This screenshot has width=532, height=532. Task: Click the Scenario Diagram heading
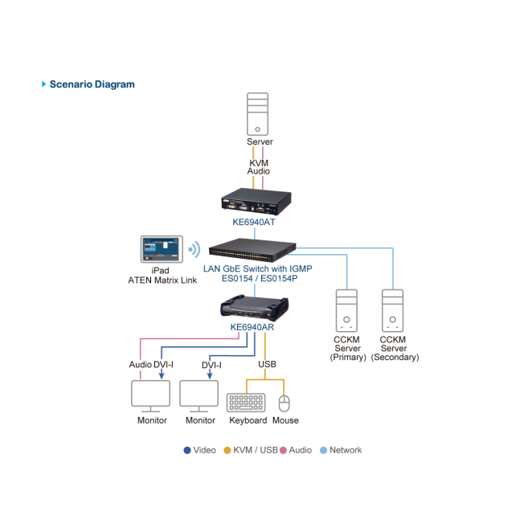(92, 84)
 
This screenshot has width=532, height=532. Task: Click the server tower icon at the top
(258, 113)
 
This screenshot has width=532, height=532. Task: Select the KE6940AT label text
(254, 222)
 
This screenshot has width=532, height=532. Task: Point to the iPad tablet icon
(162, 249)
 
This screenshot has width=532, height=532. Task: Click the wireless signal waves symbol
(194, 249)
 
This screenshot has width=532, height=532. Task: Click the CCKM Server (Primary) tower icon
(347, 310)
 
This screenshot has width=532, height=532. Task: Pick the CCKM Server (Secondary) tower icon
(393, 310)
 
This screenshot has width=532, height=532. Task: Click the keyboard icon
(247, 402)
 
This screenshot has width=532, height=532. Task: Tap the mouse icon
(284, 403)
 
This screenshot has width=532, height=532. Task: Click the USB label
(267, 364)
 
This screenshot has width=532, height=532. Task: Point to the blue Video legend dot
(187, 450)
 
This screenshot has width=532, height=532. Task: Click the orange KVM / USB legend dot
(227, 450)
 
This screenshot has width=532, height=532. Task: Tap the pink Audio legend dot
(283, 450)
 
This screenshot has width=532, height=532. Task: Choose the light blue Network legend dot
(324, 450)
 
